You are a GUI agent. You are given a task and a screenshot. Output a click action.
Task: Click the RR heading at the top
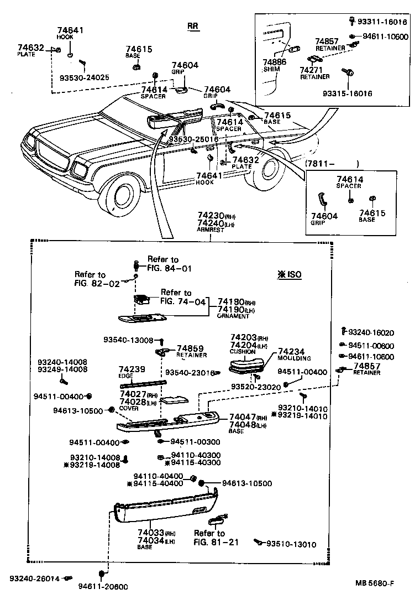192,26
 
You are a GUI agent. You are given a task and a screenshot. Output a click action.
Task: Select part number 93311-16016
382,22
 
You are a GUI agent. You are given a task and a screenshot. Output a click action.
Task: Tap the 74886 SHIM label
275,66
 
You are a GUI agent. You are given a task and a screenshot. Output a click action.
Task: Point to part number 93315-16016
347,93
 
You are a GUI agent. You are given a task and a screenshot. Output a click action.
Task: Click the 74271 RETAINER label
314,74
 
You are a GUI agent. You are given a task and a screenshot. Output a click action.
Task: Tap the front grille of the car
52,153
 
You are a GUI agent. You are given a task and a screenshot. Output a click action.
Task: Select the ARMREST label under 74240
211,230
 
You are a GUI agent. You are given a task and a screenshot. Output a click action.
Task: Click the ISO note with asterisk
289,274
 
